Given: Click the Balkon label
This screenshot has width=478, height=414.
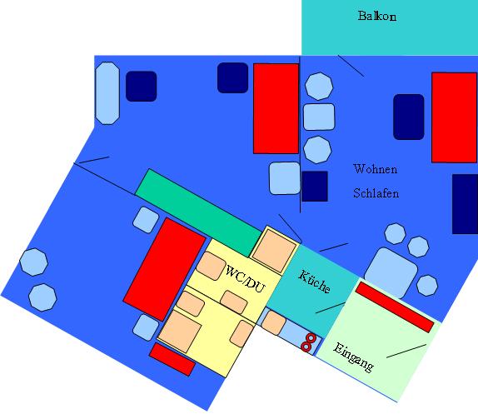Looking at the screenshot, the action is coord(377,16).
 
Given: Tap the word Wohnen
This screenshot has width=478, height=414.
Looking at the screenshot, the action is coord(376,169).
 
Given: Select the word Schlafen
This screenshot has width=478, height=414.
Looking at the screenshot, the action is coord(376,193).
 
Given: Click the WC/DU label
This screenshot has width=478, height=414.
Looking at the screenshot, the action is coord(246,279).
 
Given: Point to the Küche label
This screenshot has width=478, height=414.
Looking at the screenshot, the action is coord(314,282).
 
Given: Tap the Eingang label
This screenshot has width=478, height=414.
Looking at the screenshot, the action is coord(354,357).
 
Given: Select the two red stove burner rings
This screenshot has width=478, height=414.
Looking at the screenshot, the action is coord(308,342).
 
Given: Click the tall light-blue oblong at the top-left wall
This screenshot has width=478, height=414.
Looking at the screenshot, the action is coord(107,93).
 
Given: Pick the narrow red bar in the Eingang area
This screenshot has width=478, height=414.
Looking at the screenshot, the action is coord(395,307).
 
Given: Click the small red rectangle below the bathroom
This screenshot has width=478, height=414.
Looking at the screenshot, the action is coord(172,359).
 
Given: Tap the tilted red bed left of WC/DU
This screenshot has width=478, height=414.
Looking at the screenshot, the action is coord(165,269).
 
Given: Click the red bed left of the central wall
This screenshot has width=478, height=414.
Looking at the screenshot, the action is coord(276,108).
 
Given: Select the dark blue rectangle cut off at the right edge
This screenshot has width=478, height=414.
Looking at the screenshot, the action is coord(465,204).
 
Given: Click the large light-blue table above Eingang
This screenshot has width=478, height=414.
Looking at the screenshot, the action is coord(391,273).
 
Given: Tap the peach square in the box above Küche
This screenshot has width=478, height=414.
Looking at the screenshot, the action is coord(274,251).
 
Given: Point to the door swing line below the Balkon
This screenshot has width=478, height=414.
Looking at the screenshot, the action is coord(351,66).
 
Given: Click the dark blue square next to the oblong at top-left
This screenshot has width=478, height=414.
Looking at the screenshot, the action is coord(141,87).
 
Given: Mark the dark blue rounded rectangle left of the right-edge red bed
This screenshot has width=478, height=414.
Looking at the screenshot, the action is coord(409,117).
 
